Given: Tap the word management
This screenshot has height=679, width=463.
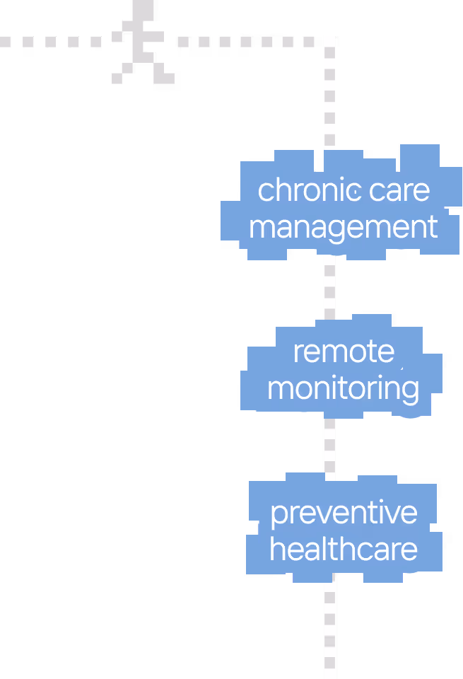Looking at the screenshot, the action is coord(344,227).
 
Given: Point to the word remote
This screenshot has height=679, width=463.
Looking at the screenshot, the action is coord(344,352).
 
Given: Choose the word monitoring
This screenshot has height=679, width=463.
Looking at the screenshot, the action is coord(344,389).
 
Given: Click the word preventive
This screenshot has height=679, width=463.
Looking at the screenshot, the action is coord(344,513).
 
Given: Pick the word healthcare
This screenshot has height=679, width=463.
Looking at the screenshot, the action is coord(344,549).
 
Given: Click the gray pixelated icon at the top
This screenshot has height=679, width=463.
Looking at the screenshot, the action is coord(143,42).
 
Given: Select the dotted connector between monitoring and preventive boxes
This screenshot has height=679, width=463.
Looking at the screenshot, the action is coord(329,445).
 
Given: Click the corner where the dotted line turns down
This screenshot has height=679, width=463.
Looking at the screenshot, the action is coord(329,42).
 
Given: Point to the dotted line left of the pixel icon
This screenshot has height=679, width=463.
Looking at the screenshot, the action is coord(51,42).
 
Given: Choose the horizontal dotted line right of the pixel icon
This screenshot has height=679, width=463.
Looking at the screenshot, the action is coord(246,42).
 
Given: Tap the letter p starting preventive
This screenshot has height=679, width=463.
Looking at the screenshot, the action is coord(279,516).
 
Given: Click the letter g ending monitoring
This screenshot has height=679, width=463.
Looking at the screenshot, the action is coord(411,393).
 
